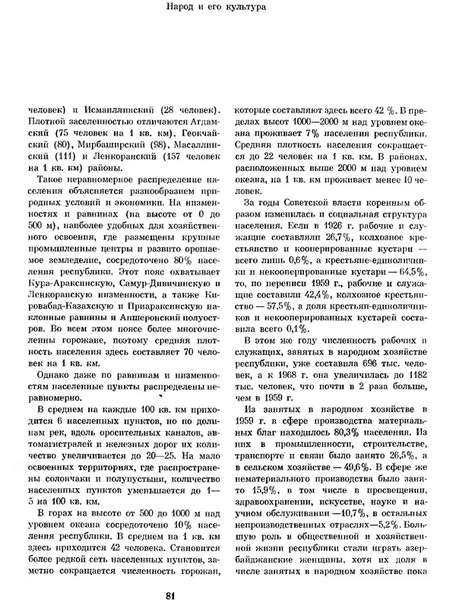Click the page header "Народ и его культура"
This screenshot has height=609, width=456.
(x=228, y=10)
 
